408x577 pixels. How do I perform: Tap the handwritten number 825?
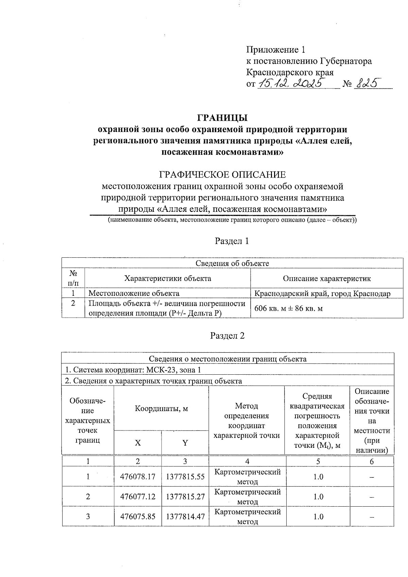pos(367,83)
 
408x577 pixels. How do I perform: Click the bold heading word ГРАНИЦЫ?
pos(223,118)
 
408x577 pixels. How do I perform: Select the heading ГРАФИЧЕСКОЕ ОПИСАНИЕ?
pos(223,175)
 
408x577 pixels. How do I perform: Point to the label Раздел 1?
pos(232,241)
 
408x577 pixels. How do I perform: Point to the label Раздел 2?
pos(227,336)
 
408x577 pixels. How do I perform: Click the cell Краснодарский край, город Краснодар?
pos(323,293)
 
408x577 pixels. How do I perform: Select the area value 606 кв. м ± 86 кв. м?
pos(289,308)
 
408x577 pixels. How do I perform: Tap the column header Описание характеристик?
pos(327,278)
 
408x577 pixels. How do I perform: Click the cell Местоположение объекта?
pos(134,293)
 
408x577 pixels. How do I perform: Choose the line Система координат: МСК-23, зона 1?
pos(135,370)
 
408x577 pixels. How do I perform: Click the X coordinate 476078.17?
pos(138,477)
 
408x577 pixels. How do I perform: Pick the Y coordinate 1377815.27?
pos(185,496)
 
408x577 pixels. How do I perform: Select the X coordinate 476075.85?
pos(138,516)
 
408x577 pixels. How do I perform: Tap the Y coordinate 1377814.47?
pos(185,516)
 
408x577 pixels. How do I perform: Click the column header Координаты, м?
pos(161,408)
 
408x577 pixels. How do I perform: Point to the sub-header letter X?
pos(138,443)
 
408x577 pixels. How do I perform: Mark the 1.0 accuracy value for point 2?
pos(318,496)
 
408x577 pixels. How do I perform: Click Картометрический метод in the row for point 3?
pos(248,516)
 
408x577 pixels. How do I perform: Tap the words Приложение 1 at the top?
pos(276,50)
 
